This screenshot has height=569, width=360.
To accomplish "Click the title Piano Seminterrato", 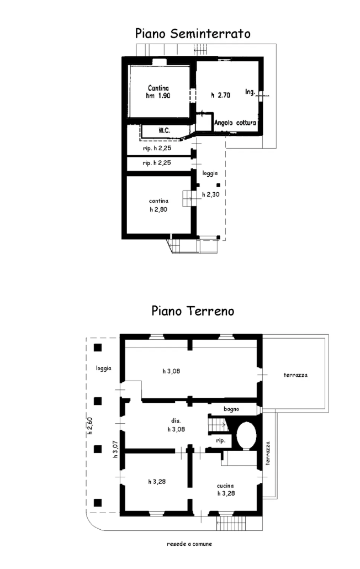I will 193,34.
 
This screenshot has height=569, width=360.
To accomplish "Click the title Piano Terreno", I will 193,311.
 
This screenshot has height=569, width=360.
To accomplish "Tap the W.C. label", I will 163,130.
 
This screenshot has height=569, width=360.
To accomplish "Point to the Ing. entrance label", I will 250,92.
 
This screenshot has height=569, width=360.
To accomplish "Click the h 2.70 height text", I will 220,96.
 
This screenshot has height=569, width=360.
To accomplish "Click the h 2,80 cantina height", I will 158,209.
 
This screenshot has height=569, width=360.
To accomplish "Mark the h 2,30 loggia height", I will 210,194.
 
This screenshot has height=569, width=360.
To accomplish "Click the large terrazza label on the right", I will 295,375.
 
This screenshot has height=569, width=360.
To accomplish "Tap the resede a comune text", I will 189,544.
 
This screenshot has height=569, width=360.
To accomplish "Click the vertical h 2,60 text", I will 90,426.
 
